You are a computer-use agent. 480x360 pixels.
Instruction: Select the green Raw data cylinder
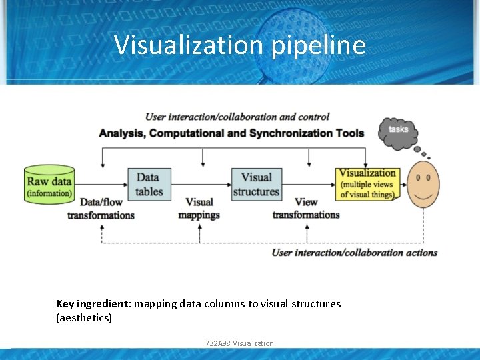49,184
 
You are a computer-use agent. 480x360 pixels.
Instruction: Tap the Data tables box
149,184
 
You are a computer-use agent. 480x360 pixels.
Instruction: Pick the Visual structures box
256,184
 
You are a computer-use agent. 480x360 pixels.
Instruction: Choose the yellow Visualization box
368,183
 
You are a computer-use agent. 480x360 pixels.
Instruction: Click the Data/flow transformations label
101,209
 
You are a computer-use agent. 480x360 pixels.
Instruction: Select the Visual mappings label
199,209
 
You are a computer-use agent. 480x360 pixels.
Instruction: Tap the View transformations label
306,208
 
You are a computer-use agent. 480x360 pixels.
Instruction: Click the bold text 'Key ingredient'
93,304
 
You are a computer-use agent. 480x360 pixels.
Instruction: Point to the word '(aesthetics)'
84,318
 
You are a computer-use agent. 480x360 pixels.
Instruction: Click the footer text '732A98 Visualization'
240,343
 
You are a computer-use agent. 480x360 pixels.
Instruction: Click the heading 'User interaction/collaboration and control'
237,117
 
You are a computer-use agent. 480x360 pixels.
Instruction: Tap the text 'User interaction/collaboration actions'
354,253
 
